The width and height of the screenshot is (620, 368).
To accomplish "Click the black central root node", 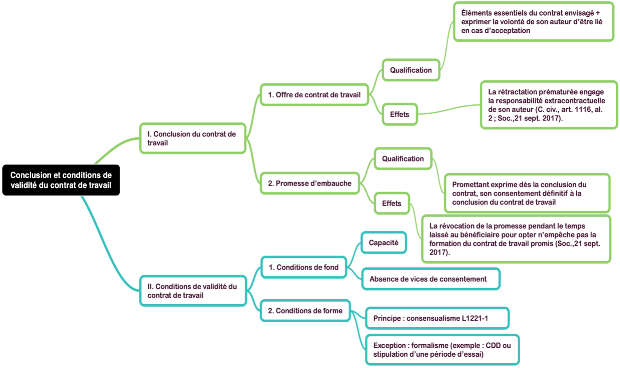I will [61, 180].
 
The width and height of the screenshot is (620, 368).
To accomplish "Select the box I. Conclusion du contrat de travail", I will [192, 138].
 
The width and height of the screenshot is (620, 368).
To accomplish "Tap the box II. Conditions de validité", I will [193, 291].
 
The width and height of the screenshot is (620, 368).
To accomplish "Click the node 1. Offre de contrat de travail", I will [314, 95].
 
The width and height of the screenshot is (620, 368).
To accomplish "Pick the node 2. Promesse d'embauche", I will [310, 183].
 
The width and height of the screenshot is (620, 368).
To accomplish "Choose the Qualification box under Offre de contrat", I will [411, 70].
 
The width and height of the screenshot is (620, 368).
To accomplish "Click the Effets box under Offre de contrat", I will [399, 115].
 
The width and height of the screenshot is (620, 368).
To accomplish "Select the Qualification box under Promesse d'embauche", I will [403, 159].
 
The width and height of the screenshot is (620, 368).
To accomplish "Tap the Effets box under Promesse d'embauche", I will [392, 203].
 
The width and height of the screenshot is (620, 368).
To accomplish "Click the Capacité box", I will [383, 243].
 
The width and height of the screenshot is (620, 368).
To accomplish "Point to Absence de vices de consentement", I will [430, 279].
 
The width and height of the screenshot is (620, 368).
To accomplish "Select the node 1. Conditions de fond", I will [304, 267].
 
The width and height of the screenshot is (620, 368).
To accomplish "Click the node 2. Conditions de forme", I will [305, 311].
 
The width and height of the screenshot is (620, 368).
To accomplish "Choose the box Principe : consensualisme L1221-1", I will [437, 318].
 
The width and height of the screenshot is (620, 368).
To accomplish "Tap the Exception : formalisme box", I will [442, 350].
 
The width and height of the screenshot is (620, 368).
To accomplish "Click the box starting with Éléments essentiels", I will [533, 22].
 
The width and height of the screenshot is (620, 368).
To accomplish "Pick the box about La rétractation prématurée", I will [548, 105].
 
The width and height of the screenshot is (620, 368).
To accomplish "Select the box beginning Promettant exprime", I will [527, 193].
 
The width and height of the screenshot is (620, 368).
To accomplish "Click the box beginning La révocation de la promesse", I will [516, 239].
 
